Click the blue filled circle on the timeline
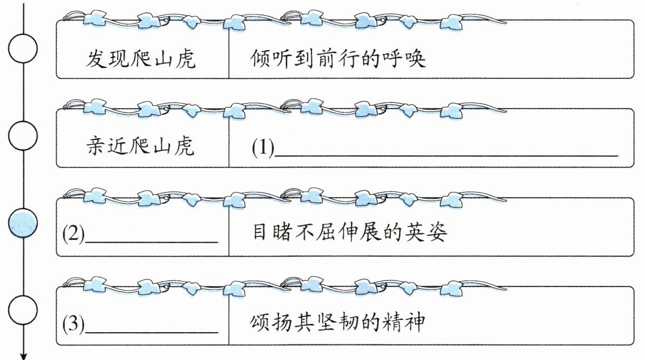(x=23, y=224)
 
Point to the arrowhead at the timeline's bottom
(x=23, y=356)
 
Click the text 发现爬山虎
(x=141, y=58)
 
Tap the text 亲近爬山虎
(x=140, y=146)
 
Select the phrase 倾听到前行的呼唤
(x=338, y=58)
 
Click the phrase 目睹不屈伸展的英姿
(x=349, y=232)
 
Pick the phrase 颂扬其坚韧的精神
(x=337, y=321)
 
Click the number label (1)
(x=263, y=147)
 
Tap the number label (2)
(x=73, y=234)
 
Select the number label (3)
(x=73, y=323)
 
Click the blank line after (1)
(x=446, y=156)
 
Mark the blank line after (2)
(x=151, y=243)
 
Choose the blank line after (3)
(x=151, y=332)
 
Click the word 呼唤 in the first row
(x=404, y=58)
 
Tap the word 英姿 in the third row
(x=425, y=232)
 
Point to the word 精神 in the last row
(x=403, y=321)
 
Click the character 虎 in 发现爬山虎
(x=185, y=58)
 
